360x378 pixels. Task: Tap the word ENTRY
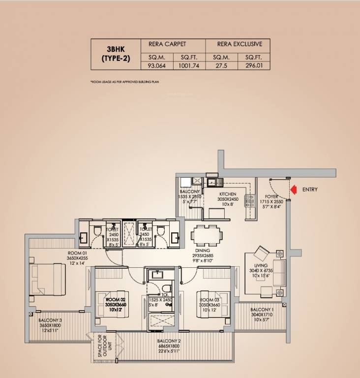[310, 189]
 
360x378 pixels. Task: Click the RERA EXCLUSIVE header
[237, 44]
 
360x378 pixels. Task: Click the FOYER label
[272, 196]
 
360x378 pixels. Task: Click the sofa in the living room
[278, 273]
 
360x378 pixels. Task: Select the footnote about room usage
[125, 81]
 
